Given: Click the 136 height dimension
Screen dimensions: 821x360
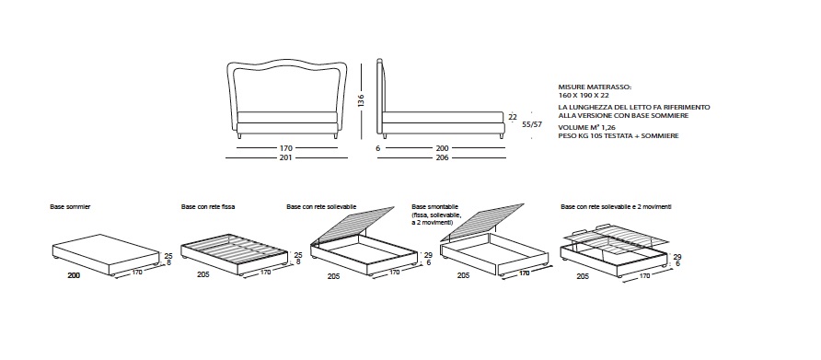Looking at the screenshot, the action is click(362, 100).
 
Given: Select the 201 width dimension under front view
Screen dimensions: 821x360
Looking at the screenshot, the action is click(286, 157).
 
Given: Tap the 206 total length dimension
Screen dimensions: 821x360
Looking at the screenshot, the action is click(443, 157).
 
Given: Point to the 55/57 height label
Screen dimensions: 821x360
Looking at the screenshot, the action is click(532, 124).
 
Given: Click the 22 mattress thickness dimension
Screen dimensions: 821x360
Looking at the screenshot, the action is click(513, 117).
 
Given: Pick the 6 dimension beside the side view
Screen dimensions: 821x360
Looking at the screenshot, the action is click(378, 148).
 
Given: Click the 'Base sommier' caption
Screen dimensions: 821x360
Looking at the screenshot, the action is click(70, 207).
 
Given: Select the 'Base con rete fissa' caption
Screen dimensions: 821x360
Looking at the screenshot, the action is click(208, 207).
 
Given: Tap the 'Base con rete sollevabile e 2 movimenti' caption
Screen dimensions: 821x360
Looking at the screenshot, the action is click(616, 207).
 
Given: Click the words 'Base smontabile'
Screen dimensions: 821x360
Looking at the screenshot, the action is click(435, 207).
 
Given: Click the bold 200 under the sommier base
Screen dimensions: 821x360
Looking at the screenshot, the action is click(74, 275).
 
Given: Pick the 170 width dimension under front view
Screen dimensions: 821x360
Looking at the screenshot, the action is click(286, 148).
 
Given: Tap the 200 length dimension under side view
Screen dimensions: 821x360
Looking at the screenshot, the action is click(443, 148).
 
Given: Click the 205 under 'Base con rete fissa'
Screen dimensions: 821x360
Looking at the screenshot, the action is click(203, 274).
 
